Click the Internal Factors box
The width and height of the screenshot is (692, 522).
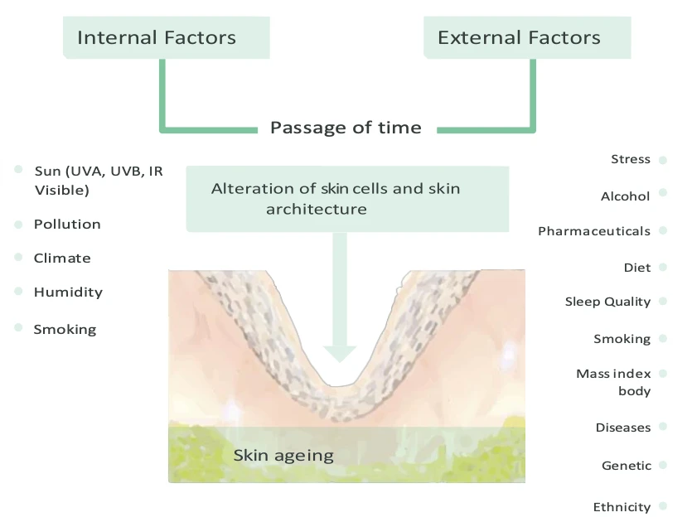click(166, 38)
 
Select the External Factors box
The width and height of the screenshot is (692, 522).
click(526, 38)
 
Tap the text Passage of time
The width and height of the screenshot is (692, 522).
click(346, 128)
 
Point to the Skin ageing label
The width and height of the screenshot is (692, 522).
click(283, 455)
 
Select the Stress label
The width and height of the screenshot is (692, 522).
click(630, 159)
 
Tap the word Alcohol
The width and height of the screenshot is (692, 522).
click(625, 196)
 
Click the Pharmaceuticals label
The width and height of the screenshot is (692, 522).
click(593, 231)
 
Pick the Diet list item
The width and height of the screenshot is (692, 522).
click(637, 268)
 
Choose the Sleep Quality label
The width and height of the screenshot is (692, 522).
click(607, 302)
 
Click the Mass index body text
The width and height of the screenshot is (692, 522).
click(613, 382)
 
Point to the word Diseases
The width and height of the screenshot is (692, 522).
click(622, 428)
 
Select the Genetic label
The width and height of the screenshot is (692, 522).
click(626, 466)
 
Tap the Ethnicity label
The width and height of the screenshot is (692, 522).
click(622, 507)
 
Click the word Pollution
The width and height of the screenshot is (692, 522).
click(67, 225)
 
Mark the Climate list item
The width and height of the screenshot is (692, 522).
click(62, 259)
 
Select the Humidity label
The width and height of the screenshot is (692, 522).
click(68, 292)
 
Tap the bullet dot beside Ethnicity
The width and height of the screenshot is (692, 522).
click(663, 506)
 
